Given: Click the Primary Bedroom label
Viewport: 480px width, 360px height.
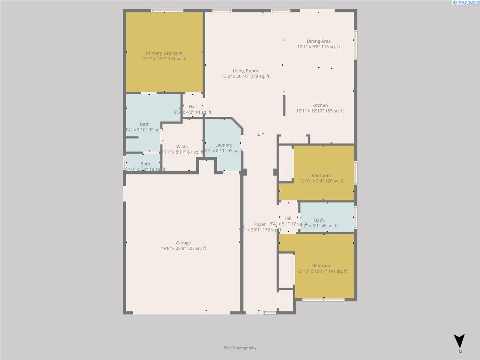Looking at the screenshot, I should pos(164,53).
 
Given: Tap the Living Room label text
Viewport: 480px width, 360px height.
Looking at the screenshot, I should pos(245,71).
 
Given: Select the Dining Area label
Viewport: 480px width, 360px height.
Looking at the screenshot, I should pos(318,41).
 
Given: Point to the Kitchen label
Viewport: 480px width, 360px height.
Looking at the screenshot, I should pos(320,106).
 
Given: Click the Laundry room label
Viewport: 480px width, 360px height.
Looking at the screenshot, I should pos(224,145).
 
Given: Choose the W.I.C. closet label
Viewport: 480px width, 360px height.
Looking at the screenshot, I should pos(182,147).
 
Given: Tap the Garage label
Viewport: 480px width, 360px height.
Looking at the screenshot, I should pos(183,243).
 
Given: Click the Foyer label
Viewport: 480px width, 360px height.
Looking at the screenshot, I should pos(260,224).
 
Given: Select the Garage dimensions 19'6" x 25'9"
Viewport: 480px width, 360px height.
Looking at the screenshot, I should pos(183,248).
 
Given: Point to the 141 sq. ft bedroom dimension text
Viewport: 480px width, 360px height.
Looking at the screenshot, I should pos(322,271).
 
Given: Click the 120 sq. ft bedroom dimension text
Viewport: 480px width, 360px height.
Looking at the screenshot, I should pos(321,181).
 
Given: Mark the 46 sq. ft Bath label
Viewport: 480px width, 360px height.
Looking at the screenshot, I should pos(319,220).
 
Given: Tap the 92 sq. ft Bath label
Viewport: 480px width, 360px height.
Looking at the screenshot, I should pos(145,124).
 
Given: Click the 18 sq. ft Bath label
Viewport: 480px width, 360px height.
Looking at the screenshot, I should pos(145,164).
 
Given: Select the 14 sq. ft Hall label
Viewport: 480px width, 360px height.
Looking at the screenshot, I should pos(193,107).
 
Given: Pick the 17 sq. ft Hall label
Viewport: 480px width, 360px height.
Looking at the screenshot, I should pos(288,218).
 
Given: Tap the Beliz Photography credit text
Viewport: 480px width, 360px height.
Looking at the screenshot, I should pos(240,348).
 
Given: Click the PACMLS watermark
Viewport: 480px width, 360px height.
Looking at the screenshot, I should pos(466,3).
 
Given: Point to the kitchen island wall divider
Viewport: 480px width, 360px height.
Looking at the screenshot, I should pos(284,105).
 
